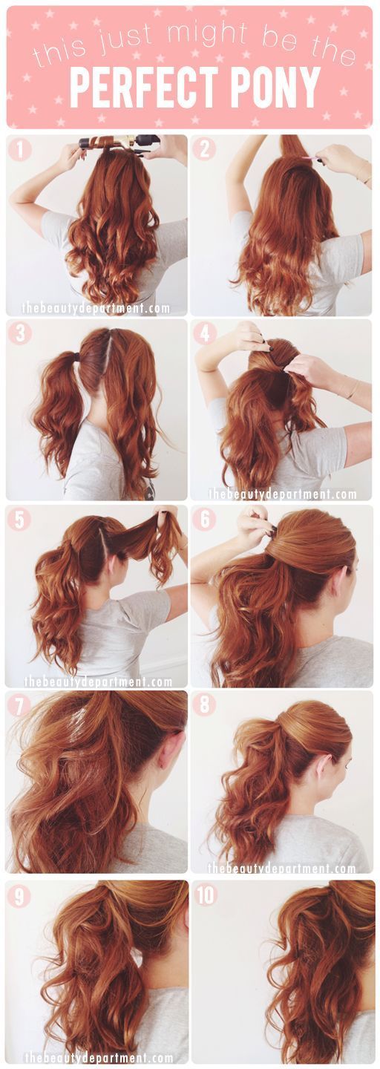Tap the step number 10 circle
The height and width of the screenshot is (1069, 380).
[x=206, y=896]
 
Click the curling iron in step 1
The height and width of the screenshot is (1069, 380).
[x=119, y=140]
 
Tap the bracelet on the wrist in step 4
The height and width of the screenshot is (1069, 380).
[x=353, y=389]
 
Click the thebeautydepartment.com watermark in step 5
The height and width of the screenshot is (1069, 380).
[x=97, y=681]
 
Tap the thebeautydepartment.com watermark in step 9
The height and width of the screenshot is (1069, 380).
[x=97, y=1057]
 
